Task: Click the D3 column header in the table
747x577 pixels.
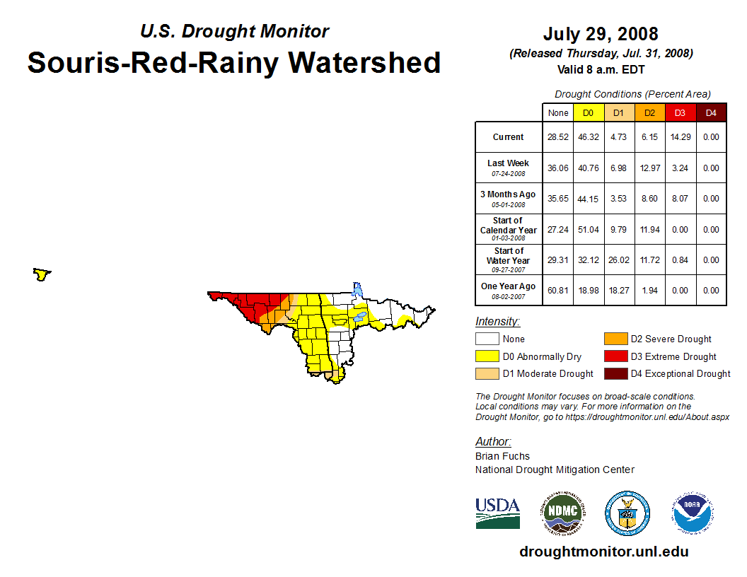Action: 680,113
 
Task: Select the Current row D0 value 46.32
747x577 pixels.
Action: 589,137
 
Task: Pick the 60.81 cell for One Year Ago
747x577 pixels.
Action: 558,290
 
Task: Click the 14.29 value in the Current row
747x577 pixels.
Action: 680,137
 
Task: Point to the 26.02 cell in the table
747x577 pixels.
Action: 619,260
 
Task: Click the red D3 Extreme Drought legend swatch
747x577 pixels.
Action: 615,356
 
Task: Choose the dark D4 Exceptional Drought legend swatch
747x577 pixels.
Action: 615,373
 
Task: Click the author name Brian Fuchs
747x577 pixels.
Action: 502,456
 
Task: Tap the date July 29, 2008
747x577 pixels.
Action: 601,34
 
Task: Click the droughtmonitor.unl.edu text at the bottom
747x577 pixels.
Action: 603,552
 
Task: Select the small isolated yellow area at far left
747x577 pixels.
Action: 42,274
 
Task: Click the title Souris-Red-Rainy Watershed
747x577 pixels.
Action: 233,62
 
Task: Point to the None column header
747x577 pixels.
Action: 558,113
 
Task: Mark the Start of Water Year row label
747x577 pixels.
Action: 508,260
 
